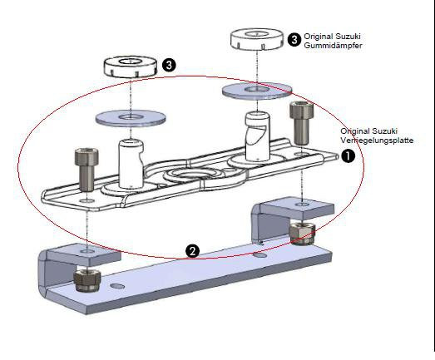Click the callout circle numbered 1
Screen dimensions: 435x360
coord(348,155)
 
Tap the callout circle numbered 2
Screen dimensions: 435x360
coord(192,251)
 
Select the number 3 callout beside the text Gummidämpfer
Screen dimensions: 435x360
coord(294,39)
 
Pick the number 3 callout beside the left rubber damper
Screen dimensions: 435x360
coord(169,66)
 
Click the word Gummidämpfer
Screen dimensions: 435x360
coord(333,46)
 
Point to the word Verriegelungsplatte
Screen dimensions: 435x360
coord(377,140)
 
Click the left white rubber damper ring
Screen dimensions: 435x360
coord(131,67)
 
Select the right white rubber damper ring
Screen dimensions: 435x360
coord(257,39)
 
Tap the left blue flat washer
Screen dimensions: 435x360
coord(131,118)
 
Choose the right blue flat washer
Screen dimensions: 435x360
coord(257,91)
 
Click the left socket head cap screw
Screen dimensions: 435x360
coord(87,170)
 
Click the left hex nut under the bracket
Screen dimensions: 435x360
coord(87,281)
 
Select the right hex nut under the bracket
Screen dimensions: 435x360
coord(302,234)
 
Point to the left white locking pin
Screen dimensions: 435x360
coord(131,164)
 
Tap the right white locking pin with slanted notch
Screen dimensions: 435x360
coord(257,136)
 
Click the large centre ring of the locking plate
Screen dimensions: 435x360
coord(193,175)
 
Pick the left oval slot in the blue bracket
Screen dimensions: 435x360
coord(117,286)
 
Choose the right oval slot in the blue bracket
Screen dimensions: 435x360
coord(260,254)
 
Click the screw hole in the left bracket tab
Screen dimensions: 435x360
coord(87,251)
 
